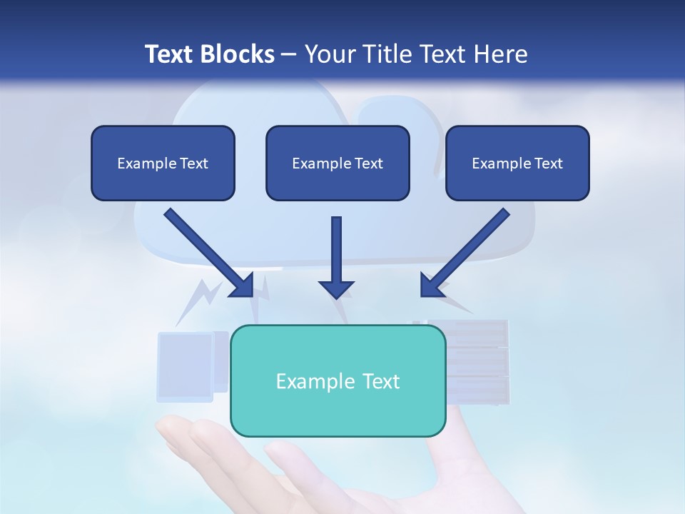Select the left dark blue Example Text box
point(163,163)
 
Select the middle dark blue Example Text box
point(338,163)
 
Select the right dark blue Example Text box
point(517,163)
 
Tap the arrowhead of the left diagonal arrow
point(243,286)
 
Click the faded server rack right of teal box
point(477,363)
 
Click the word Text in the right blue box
point(548,163)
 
